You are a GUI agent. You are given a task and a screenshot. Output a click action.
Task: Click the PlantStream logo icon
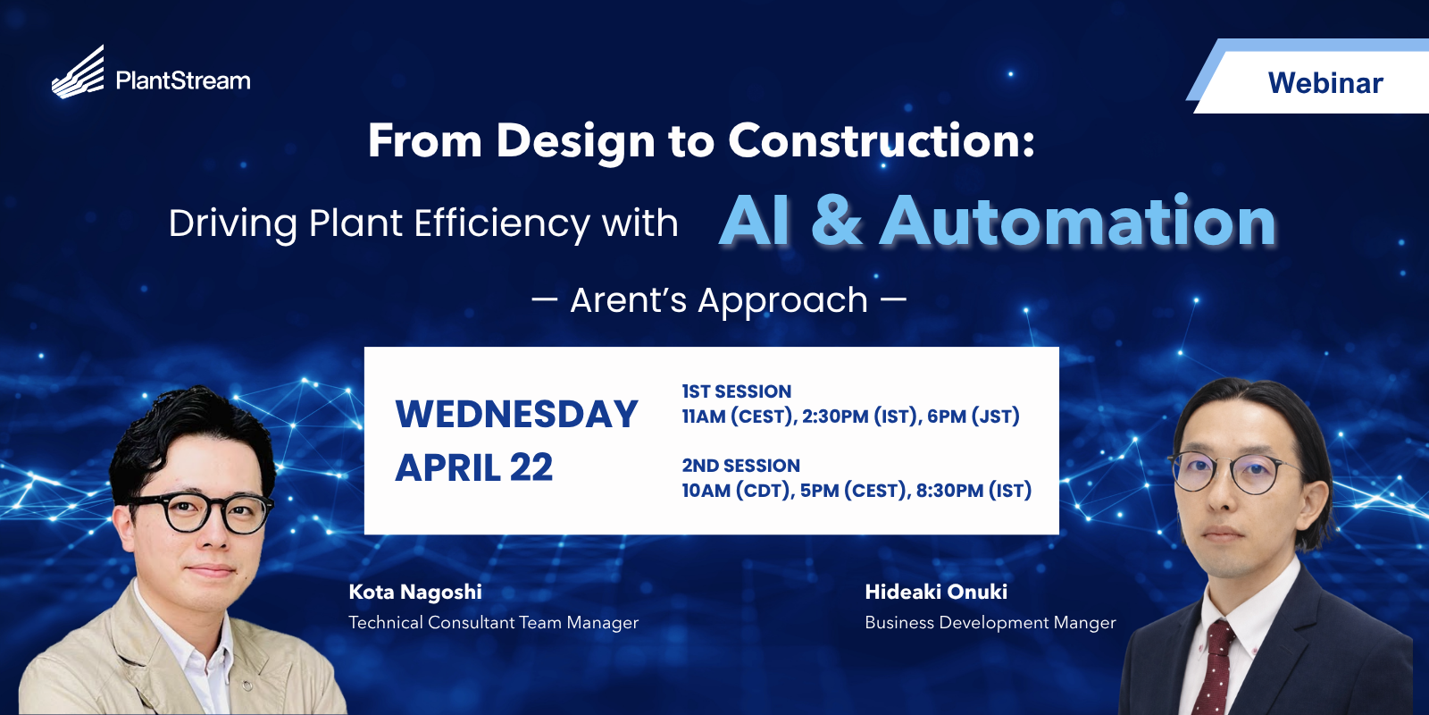(x=78, y=72)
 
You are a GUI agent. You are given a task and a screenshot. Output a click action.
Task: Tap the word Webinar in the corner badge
(x=1325, y=83)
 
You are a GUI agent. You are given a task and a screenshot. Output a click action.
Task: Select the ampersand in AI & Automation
(x=836, y=221)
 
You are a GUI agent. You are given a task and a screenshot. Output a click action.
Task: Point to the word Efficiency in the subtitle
(x=502, y=224)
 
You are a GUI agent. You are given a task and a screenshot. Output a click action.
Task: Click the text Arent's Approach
(x=719, y=300)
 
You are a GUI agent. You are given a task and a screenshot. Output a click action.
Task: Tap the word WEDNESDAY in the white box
(x=517, y=415)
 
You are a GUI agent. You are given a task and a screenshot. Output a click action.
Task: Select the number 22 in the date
(x=531, y=468)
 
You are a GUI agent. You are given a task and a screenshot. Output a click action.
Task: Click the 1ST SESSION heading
(x=736, y=391)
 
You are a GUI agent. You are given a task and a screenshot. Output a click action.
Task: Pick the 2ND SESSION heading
(x=740, y=466)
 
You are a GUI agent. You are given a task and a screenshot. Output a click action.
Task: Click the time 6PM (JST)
(x=974, y=416)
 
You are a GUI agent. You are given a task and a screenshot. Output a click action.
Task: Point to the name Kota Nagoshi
(x=415, y=593)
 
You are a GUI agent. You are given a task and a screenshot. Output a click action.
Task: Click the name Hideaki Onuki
(x=936, y=592)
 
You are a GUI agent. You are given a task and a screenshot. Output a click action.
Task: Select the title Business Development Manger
(x=990, y=623)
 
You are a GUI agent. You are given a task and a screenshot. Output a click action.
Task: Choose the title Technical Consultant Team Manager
(x=493, y=623)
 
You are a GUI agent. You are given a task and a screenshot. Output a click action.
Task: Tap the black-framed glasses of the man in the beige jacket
(x=199, y=511)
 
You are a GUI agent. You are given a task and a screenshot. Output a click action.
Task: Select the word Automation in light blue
(x=1077, y=221)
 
